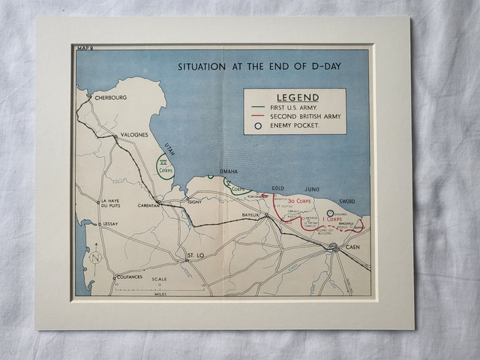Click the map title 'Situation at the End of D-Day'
tap(259, 66)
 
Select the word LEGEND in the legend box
tap(298, 97)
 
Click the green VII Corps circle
tap(165, 165)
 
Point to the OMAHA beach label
tap(229, 171)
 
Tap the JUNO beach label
tap(311, 189)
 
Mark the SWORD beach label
tap(346, 202)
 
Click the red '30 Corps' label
tap(300, 201)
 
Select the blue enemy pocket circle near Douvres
tap(330, 214)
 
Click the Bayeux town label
tap(250, 215)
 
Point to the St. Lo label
tap(195, 256)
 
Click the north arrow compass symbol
tap(95, 257)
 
